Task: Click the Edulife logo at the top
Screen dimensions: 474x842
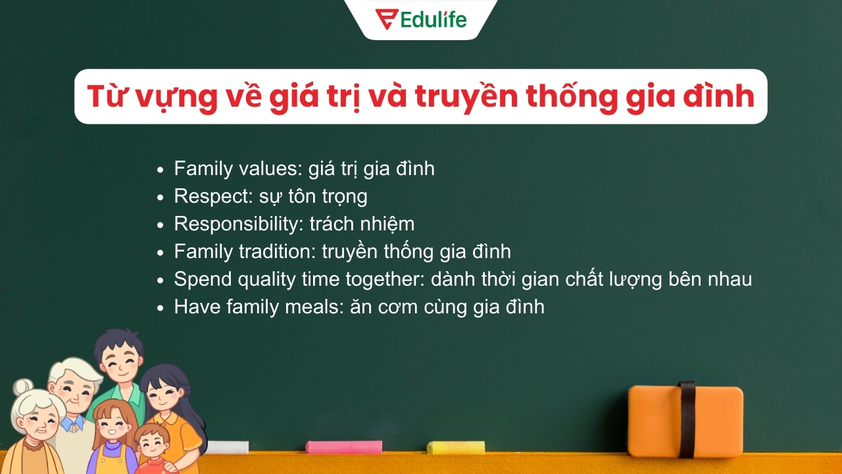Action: (421, 18)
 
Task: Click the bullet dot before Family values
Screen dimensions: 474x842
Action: (161, 170)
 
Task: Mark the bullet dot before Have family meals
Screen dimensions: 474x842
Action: (161, 307)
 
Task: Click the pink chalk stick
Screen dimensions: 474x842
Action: (343, 447)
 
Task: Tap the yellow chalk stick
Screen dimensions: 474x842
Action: (456, 448)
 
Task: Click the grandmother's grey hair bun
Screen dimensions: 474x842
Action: (24, 386)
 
